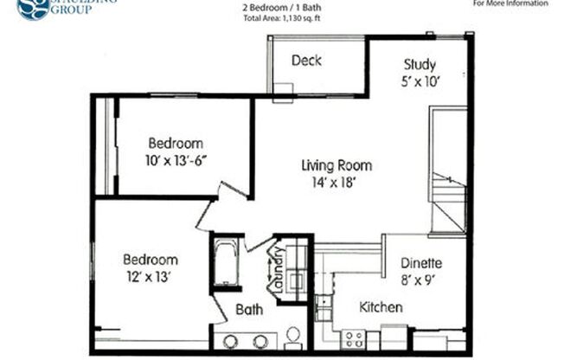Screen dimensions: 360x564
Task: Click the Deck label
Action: (x=307, y=60)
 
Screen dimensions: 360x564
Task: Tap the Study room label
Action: (x=420, y=65)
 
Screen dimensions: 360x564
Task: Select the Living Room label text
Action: (x=336, y=165)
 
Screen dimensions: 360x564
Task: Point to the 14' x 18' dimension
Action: (x=336, y=182)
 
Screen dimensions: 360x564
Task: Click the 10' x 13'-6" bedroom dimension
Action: (x=176, y=159)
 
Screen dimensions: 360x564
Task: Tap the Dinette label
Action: (x=422, y=264)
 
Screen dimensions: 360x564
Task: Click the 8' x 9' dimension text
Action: (x=422, y=280)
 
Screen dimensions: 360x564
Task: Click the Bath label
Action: (x=249, y=309)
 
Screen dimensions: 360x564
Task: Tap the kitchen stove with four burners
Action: (x=353, y=337)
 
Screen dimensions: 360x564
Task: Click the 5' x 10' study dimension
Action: (x=420, y=82)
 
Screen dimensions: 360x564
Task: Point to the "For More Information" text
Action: (x=510, y=3)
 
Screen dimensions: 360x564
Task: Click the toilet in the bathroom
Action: (x=292, y=334)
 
